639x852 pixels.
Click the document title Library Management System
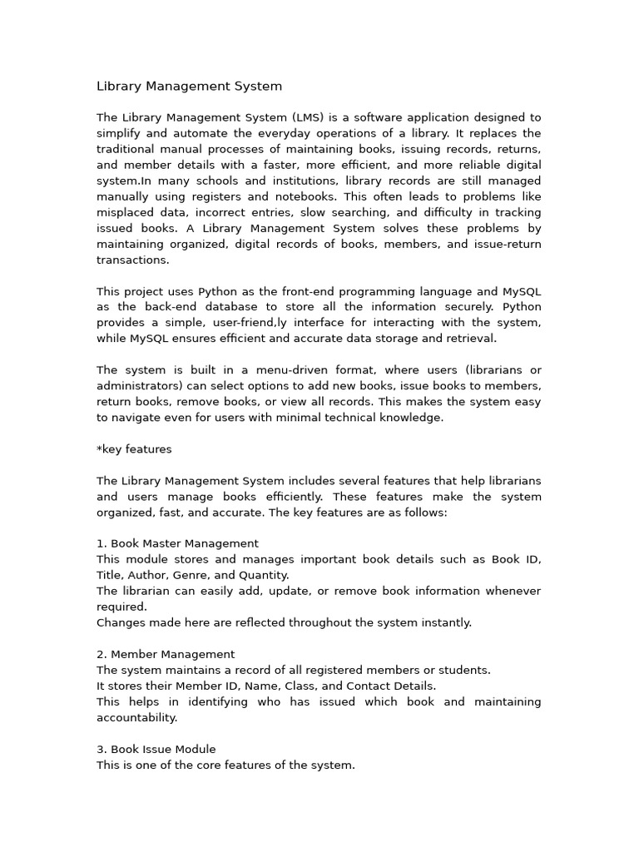pos(189,86)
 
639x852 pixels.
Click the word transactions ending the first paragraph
pos(131,260)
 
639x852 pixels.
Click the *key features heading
pos(134,449)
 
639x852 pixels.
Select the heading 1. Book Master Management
pos(177,543)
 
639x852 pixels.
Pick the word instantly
pos(447,622)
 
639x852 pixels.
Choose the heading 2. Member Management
pos(166,654)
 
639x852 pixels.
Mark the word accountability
pos(136,717)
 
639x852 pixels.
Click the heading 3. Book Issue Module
pos(156,749)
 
